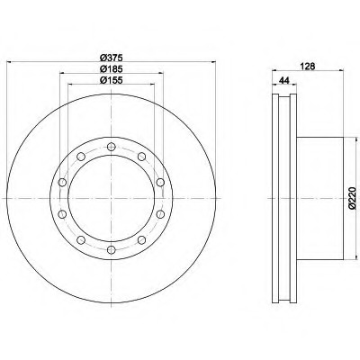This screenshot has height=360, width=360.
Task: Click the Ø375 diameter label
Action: click(112, 58)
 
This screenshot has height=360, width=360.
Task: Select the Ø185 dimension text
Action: click(112, 69)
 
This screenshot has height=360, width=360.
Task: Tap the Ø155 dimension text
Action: click(112, 80)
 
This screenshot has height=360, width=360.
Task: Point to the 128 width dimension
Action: click(308, 67)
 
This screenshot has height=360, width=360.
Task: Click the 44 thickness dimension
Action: click(283, 80)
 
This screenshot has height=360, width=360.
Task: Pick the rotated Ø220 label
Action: click(352, 197)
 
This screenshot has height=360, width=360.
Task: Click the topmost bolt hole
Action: click(112, 147)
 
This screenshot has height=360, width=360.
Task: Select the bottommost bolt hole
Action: click(112, 249)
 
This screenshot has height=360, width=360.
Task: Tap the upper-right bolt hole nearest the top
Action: click(141, 157)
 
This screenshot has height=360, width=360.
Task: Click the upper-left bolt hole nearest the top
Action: click(81, 157)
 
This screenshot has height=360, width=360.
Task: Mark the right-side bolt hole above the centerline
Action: click(160, 182)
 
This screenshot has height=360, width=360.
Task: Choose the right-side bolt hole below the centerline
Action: click(160, 214)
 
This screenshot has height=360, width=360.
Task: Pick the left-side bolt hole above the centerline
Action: click(62, 182)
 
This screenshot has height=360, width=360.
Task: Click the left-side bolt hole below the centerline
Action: click(62, 214)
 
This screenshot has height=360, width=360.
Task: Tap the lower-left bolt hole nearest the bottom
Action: click(81, 240)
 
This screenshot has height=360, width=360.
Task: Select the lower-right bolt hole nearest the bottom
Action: click(141, 240)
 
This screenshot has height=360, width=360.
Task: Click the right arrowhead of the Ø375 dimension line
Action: click(213, 62)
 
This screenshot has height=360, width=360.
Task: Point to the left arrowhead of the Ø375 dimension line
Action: click(9, 62)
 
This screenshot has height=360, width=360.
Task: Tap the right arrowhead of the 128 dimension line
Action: click(341, 70)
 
